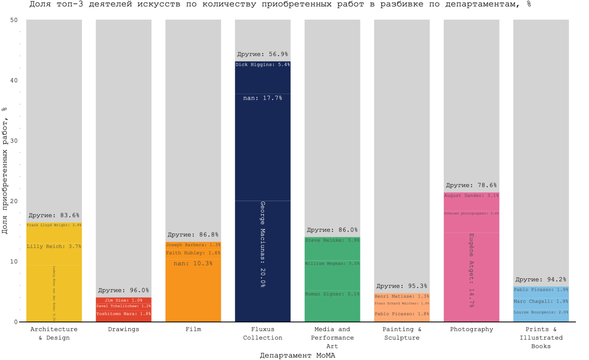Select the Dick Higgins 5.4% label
click(263, 65)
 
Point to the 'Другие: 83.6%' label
click(54, 215)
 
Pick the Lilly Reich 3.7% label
click(54, 246)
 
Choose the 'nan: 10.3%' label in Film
click(193, 263)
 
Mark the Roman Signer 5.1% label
click(332, 294)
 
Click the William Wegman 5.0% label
click(332, 263)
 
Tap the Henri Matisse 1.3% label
click(402, 296)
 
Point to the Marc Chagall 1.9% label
click(541, 301)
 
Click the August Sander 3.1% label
click(471, 196)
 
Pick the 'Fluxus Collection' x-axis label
click(263, 333)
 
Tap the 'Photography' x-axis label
click(471, 329)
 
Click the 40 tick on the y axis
click(14, 81)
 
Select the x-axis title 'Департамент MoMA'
click(297, 355)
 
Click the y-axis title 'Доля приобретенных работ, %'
click(4, 171)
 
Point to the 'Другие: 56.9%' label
click(263, 54)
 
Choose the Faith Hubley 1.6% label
click(193, 253)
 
